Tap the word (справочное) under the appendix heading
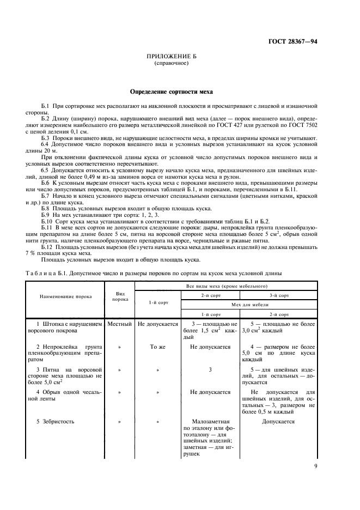click(x=171, y=63)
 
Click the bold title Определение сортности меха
click(x=171, y=92)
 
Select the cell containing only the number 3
click(x=210, y=369)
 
